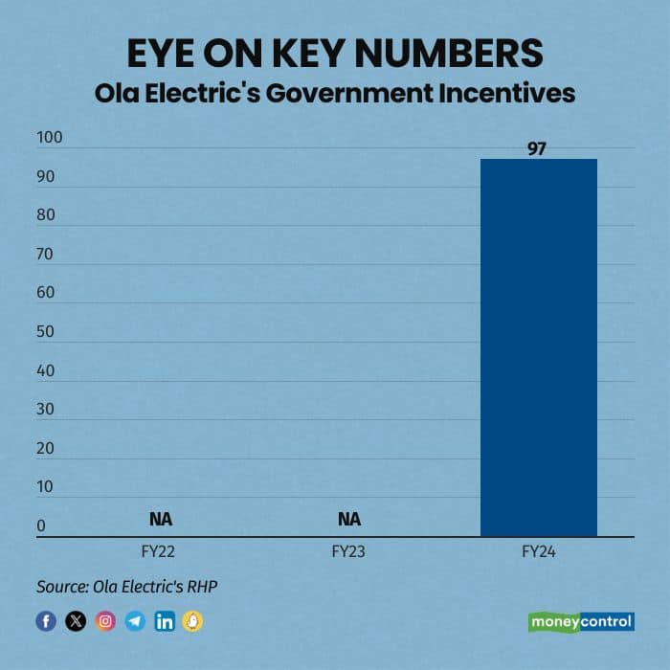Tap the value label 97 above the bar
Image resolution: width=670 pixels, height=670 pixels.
pos(536,149)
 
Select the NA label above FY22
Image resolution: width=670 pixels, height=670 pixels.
pos(160,520)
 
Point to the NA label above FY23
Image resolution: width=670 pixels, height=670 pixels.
pos(349,520)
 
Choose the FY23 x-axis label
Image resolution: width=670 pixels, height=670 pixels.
pos(349,552)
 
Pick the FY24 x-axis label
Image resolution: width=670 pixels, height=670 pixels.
pos(538,552)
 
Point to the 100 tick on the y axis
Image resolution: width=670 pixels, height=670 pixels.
pos(49,139)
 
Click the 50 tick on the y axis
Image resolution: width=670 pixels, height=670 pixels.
pos(46,332)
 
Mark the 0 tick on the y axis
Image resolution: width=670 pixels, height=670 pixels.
pos(41,525)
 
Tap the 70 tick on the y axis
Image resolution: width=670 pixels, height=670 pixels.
pos(46,255)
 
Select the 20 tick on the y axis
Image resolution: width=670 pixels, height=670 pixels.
pos(46,448)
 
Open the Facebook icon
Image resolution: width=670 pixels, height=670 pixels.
pos(46,621)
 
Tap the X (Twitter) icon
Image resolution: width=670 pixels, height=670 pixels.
pos(76,621)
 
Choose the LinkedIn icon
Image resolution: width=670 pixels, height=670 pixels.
pos(164,621)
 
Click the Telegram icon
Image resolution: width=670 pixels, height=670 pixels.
pos(135,621)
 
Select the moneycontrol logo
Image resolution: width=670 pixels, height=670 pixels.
pos(581,621)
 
